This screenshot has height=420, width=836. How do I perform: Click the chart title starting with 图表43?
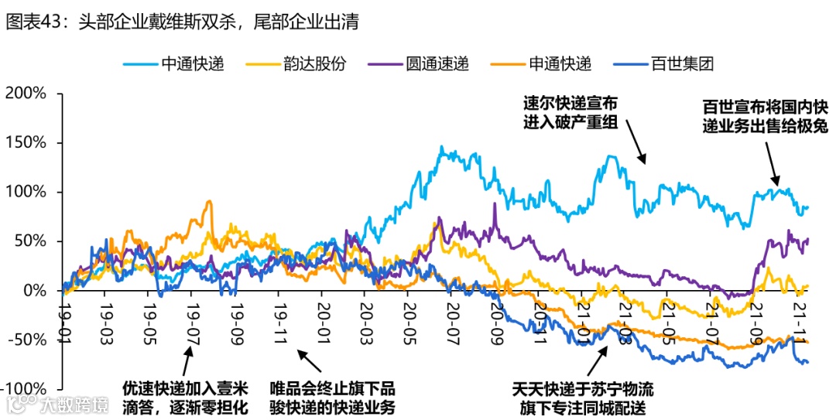click(182, 22)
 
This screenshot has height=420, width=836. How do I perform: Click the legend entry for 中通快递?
click(173, 64)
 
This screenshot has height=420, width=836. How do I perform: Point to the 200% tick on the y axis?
click(26, 94)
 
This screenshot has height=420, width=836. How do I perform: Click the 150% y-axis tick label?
click(26, 143)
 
